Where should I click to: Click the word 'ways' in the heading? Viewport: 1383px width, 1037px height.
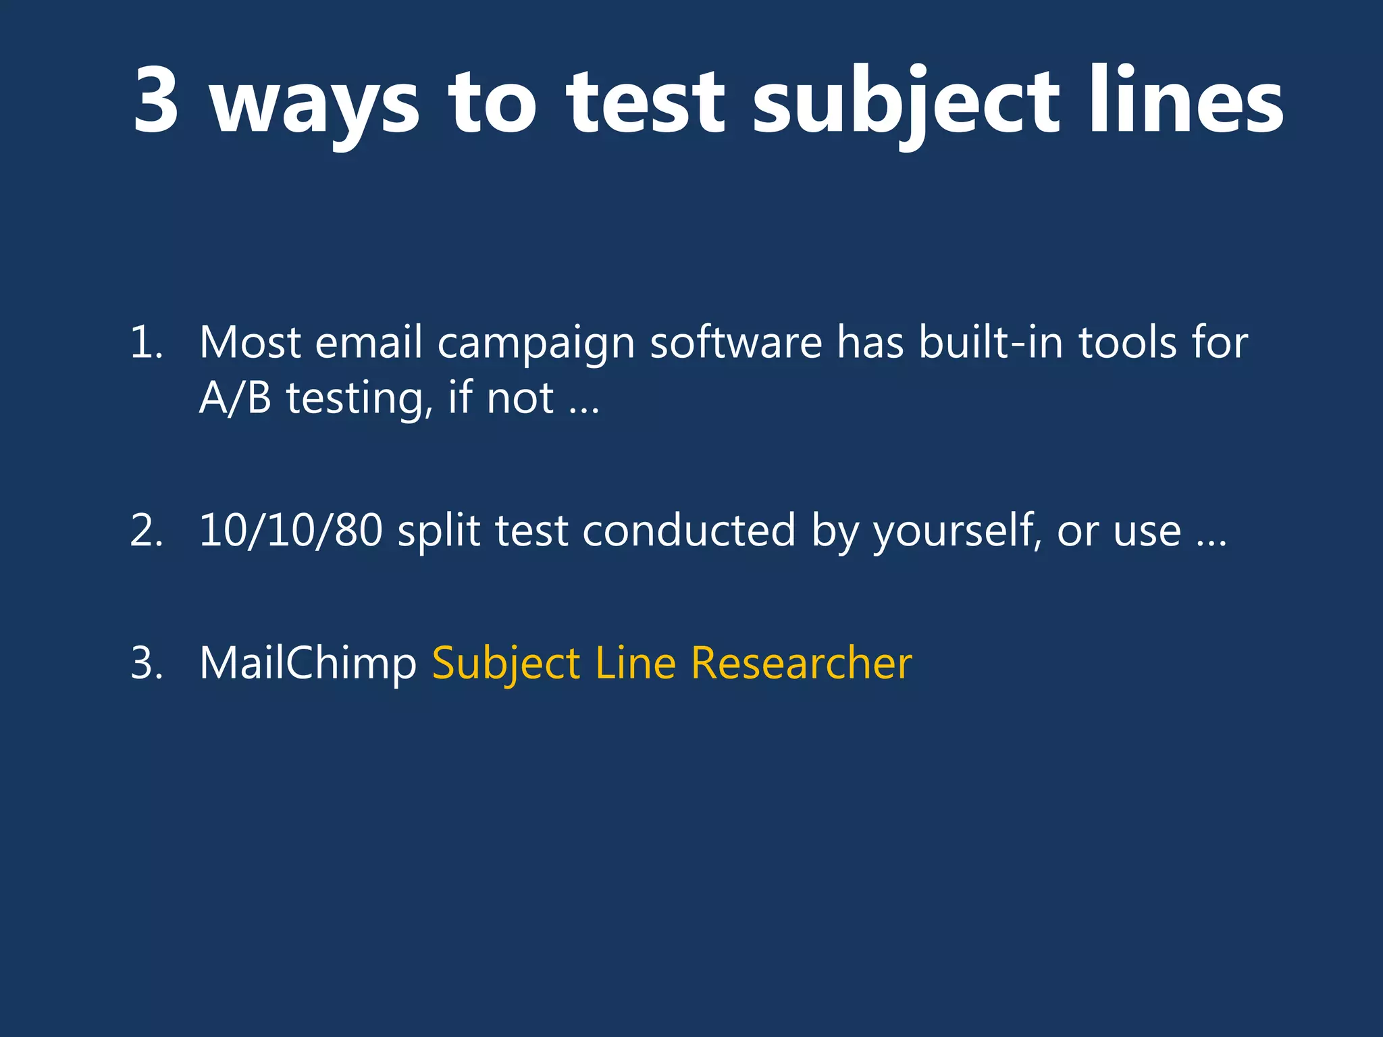click(315, 105)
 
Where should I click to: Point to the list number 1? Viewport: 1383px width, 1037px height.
click(146, 342)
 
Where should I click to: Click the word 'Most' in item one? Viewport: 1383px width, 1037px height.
click(250, 342)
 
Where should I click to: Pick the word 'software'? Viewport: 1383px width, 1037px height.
click(736, 342)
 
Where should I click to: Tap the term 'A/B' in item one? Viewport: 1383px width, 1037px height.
click(235, 398)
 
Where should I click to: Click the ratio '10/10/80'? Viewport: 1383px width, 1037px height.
click(291, 531)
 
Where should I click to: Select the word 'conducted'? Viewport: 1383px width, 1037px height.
click(689, 531)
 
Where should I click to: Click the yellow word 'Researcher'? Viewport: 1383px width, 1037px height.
click(802, 663)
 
